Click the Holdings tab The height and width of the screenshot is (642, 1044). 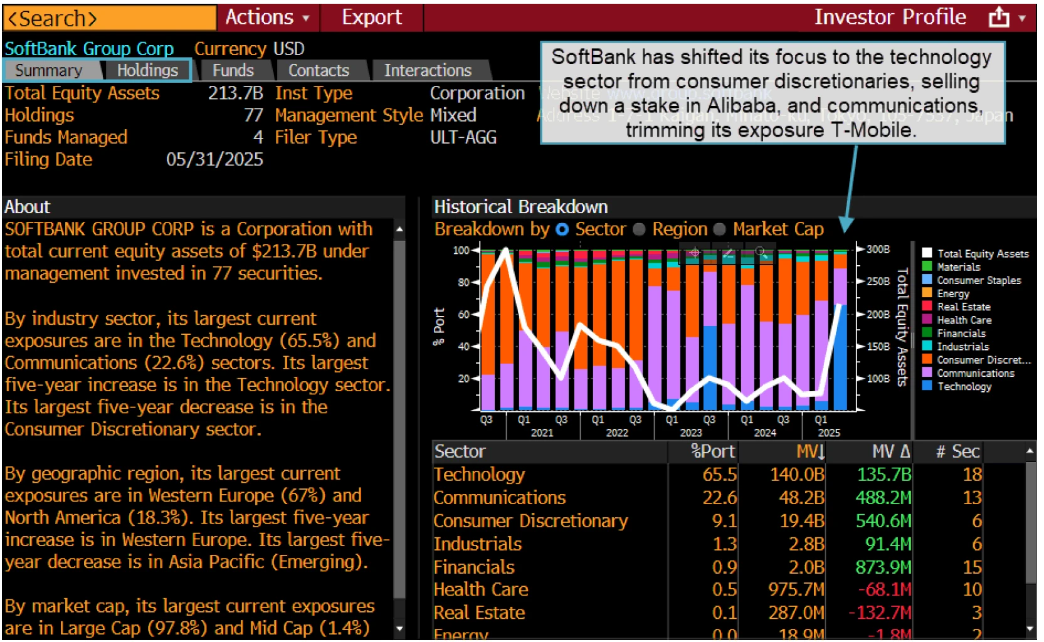coord(147,70)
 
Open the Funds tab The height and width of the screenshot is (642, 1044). coord(233,70)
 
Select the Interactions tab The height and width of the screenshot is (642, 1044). coord(427,70)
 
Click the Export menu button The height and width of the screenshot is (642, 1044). coord(371,17)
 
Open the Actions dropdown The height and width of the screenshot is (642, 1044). coord(267,17)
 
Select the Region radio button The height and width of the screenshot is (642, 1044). coord(640,229)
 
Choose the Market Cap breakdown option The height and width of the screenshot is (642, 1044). coord(720,229)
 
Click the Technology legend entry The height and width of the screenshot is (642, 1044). coord(964,386)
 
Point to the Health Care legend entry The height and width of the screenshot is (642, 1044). coord(964,320)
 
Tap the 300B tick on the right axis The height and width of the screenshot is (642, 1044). coord(878,250)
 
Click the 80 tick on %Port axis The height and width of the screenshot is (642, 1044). coord(463,282)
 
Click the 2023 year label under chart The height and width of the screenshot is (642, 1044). coord(690,433)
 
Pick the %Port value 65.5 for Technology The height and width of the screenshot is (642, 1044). coord(719,475)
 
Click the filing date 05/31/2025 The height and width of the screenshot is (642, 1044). coord(214,159)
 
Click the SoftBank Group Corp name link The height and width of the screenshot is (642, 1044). coord(89,49)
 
